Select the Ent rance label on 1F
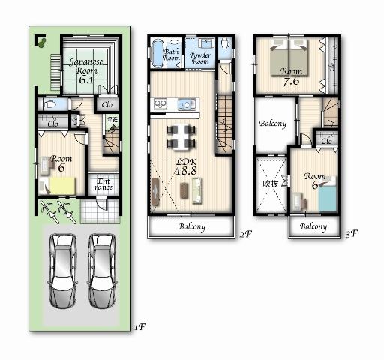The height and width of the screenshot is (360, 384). [103, 184]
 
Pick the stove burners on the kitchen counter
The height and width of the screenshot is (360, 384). [160, 103]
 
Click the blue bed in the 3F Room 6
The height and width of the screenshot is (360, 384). [327, 199]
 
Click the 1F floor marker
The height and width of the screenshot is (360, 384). [137, 327]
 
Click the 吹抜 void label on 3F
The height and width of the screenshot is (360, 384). [270, 182]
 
